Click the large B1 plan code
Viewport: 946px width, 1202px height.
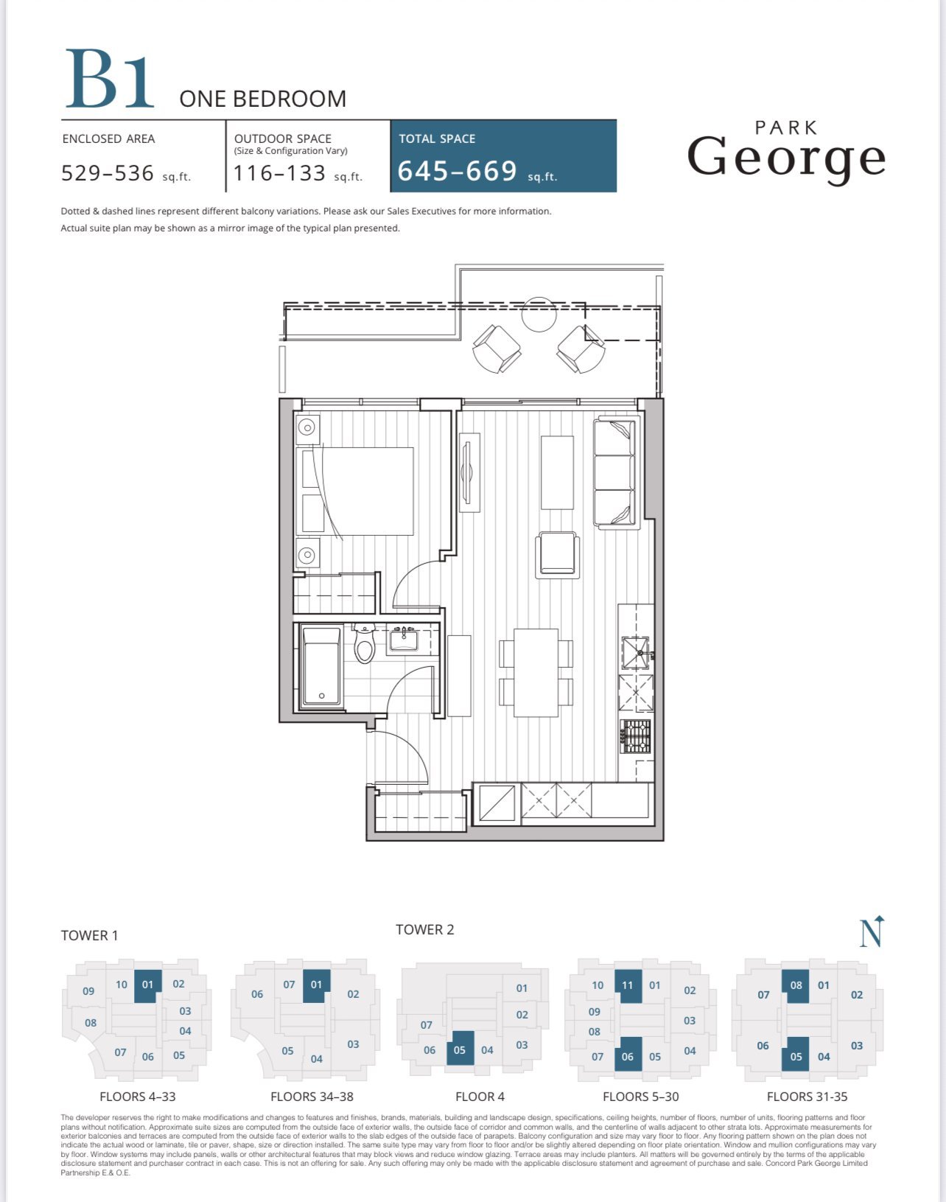pos(110,79)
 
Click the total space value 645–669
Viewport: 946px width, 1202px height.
pos(458,171)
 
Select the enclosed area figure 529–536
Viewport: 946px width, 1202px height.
pos(108,173)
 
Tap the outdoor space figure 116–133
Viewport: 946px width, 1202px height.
pos(279,173)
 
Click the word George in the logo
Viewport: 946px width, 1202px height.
pos(786,158)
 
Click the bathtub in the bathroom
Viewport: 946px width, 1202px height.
pos(321,666)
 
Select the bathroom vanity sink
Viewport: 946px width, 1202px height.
pos(404,639)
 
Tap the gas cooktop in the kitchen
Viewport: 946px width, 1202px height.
pos(636,737)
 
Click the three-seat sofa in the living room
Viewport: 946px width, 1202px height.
pos(615,473)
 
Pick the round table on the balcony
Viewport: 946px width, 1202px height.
pos(539,315)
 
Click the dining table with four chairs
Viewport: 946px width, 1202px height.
pos(536,673)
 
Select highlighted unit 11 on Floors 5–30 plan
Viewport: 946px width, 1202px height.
pos(628,985)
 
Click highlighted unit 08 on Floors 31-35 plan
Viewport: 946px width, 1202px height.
pos(796,985)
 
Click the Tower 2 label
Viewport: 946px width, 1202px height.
pos(425,929)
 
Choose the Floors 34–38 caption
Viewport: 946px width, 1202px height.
pos(312,1097)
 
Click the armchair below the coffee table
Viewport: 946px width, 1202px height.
pos(557,555)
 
